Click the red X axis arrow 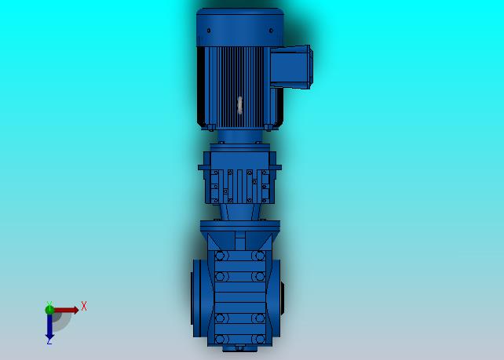click(x=66, y=310)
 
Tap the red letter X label click(x=84, y=306)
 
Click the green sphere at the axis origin click(x=49, y=310)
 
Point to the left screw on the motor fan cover click(x=209, y=31)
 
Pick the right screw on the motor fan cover click(x=271, y=31)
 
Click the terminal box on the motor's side click(x=291, y=67)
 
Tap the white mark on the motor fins click(x=239, y=105)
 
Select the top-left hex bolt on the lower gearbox click(x=220, y=256)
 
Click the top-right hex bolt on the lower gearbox click(x=259, y=256)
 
